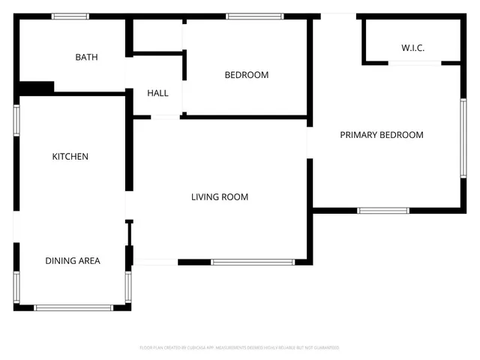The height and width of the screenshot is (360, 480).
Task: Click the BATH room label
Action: click(x=86, y=57)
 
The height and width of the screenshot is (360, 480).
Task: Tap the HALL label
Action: click(x=157, y=93)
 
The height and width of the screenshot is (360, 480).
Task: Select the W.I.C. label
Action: click(x=412, y=48)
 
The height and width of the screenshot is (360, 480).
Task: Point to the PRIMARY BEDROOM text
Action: click(x=381, y=135)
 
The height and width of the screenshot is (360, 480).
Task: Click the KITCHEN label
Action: click(x=70, y=157)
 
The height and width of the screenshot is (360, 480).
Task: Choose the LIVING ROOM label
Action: click(x=219, y=197)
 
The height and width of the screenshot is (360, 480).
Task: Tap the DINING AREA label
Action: click(x=72, y=261)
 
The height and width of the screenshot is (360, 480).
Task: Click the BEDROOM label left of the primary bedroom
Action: click(x=246, y=75)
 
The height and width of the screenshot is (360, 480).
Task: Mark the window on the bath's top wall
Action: click(x=70, y=16)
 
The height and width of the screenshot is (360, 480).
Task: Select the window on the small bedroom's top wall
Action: click(x=255, y=16)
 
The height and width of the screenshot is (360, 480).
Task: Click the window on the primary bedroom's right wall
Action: click(x=463, y=138)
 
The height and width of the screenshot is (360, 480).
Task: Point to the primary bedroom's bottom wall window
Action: click(x=382, y=211)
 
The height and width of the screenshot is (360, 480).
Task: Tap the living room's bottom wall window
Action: click(x=253, y=262)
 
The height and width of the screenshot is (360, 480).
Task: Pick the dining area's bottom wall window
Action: click(x=74, y=307)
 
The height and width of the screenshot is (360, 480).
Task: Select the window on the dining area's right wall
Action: click(x=128, y=286)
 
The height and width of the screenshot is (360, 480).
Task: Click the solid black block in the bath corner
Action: click(x=36, y=88)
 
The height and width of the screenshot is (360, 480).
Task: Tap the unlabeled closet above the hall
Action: click(x=157, y=35)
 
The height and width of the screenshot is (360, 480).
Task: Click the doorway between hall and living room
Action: click(x=165, y=117)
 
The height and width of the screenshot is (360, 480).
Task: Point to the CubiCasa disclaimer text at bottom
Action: click(x=240, y=348)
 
